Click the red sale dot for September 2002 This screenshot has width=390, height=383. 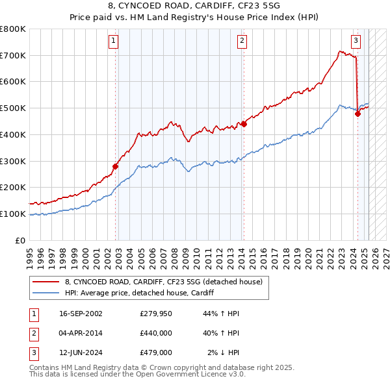[x=116, y=166]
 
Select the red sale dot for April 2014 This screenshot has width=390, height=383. [x=244, y=124]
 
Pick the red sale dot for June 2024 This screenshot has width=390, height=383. [x=357, y=114]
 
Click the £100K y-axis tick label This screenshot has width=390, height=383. [x=13, y=214]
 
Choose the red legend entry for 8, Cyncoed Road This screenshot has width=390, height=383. [x=163, y=282]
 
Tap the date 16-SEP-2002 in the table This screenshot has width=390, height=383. [x=81, y=314]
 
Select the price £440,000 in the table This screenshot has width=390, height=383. [x=155, y=333]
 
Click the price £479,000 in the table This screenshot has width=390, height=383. [x=155, y=352]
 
